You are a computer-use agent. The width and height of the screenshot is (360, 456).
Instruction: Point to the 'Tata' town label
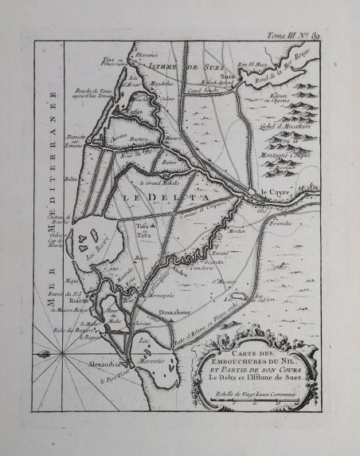(x=144, y=226)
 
